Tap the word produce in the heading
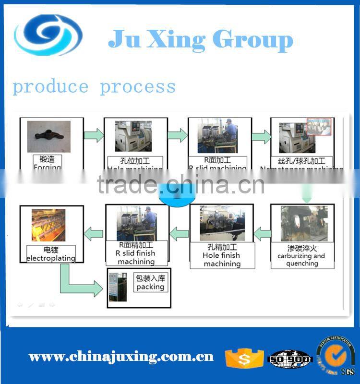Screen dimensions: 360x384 click(x=50, y=87)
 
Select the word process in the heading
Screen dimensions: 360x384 click(x=138, y=87)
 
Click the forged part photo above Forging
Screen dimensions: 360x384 click(x=49, y=137)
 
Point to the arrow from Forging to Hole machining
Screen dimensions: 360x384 click(x=94, y=135)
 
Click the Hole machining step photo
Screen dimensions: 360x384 click(x=133, y=136)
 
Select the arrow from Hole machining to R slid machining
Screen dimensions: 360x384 click(x=177, y=135)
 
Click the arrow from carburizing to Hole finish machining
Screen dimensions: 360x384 click(x=262, y=234)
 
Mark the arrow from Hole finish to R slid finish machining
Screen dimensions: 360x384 click(x=179, y=234)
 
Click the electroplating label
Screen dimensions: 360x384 click(x=51, y=254)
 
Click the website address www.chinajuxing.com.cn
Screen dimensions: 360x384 click(x=121, y=357)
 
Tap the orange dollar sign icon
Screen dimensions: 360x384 click(x=244, y=358)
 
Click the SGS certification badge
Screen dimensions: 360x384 click(x=336, y=358)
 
